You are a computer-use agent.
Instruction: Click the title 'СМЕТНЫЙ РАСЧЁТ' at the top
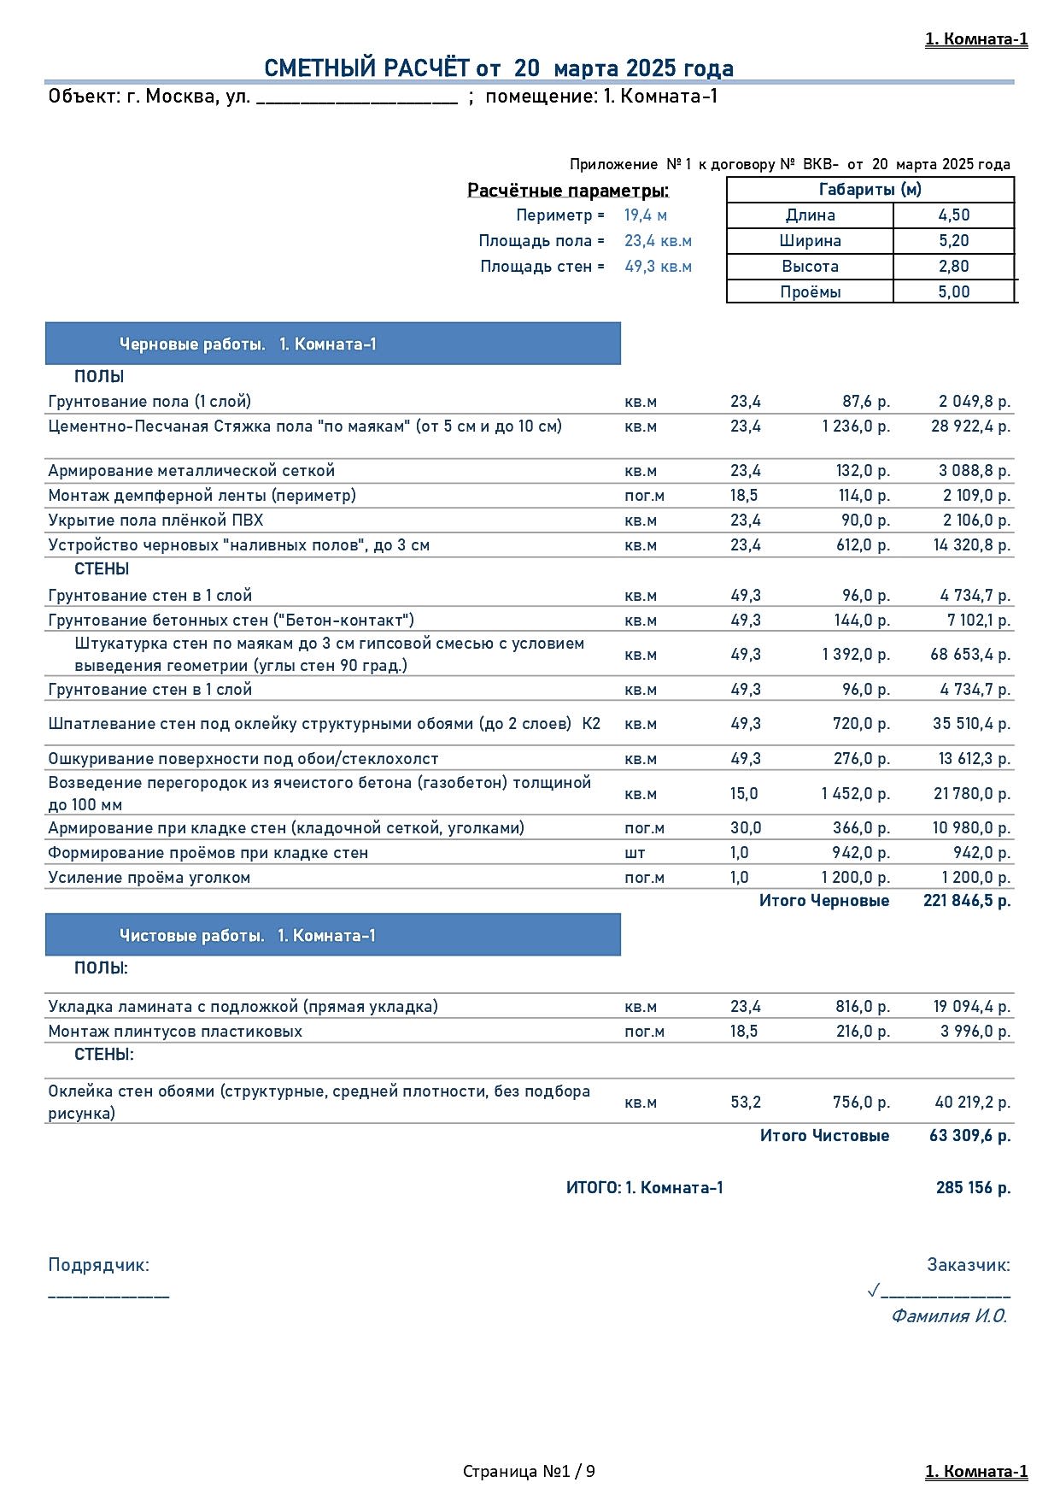(x=366, y=68)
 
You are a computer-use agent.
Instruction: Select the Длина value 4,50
(x=953, y=215)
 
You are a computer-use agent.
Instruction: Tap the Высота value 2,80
(x=953, y=267)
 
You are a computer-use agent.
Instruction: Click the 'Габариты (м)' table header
(x=870, y=190)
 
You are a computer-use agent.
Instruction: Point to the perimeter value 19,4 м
(x=645, y=215)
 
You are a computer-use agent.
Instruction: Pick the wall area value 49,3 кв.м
(x=658, y=267)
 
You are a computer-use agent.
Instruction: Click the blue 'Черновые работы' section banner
(x=332, y=344)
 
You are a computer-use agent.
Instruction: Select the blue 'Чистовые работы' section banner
(x=332, y=936)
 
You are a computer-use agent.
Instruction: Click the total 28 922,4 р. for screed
(x=969, y=426)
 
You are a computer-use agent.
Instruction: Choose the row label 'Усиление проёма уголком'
(x=149, y=878)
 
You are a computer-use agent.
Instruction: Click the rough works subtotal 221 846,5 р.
(x=966, y=901)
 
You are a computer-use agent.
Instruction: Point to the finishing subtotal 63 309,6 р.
(x=969, y=1136)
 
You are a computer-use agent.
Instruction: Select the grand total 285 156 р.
(x=973, y=1188)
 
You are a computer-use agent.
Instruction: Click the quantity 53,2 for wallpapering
(x=745, y=1103)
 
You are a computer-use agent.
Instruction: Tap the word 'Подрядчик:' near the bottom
(x=98, y=1265)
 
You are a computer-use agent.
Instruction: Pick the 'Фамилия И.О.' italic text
(x=948, y=1316)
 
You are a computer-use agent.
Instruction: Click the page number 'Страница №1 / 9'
(x=529, y=1471)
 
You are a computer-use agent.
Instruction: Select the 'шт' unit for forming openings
(x=635, y=853)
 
